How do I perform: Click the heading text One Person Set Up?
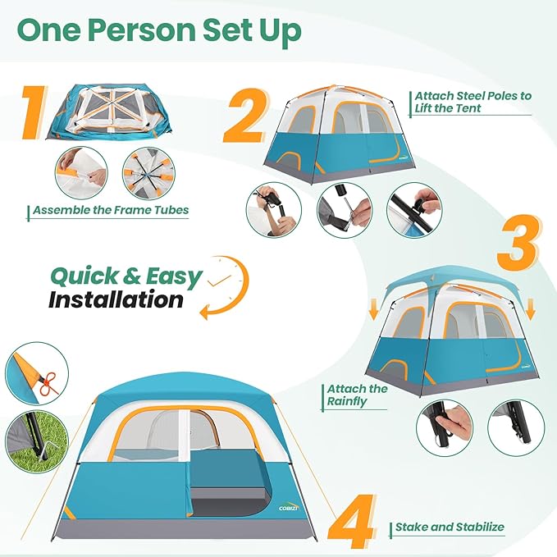tap(159, 31)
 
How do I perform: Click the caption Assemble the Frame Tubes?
tap(111, 210)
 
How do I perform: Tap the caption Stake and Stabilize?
tap(450, 527)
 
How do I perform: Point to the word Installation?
tap(116, 299)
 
